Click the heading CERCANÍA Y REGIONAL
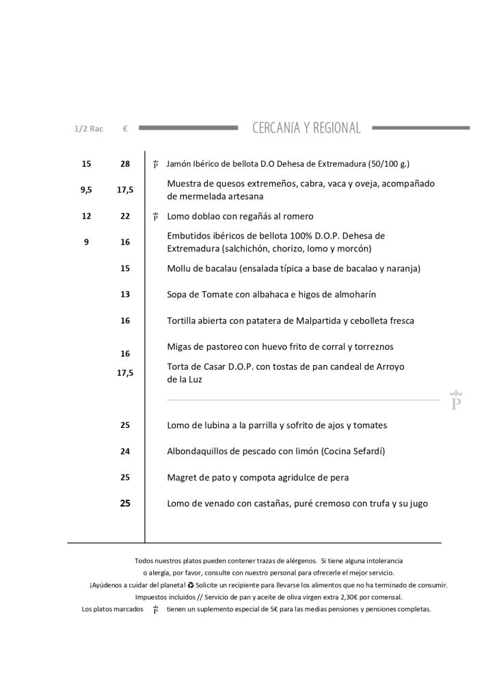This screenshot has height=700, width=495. (x=306, y=128)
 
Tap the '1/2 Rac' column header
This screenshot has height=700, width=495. (x=88, y=129)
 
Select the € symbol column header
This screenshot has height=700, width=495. (x=125, y=129)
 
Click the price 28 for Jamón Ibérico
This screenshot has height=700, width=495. (x=125, y=164)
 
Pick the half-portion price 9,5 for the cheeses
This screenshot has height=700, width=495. (x=86, y=190)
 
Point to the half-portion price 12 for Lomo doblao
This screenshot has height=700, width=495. (x=86, y=216)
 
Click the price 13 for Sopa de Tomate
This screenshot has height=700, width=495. (x=125, y=295)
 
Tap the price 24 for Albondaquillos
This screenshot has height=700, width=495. (x=125, y=451)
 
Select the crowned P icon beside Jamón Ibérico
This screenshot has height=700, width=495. (x=156, y=165)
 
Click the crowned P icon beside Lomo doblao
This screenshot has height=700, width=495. (x=156, y=217)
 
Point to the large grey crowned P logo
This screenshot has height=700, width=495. (x=456, y=401)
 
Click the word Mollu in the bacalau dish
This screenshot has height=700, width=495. (x=180, y=269)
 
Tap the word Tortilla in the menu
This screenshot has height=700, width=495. (x=183, y=321)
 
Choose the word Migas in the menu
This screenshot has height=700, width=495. (x=180, y=347)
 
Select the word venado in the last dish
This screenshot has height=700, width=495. (x=219, y=504)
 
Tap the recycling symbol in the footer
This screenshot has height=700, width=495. (x=191, y=585)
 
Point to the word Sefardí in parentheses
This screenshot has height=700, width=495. (x=367, y=451)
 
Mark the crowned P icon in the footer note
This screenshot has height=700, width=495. (x=156, y=610)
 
